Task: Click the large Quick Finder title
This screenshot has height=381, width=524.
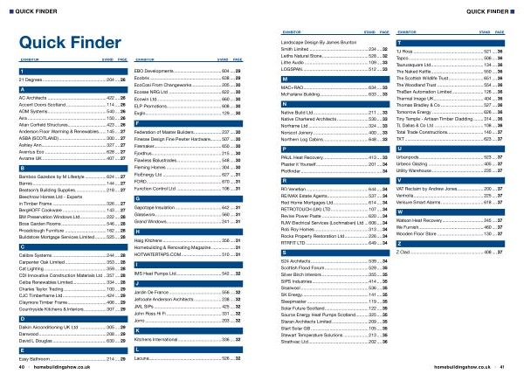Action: [62, 41]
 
